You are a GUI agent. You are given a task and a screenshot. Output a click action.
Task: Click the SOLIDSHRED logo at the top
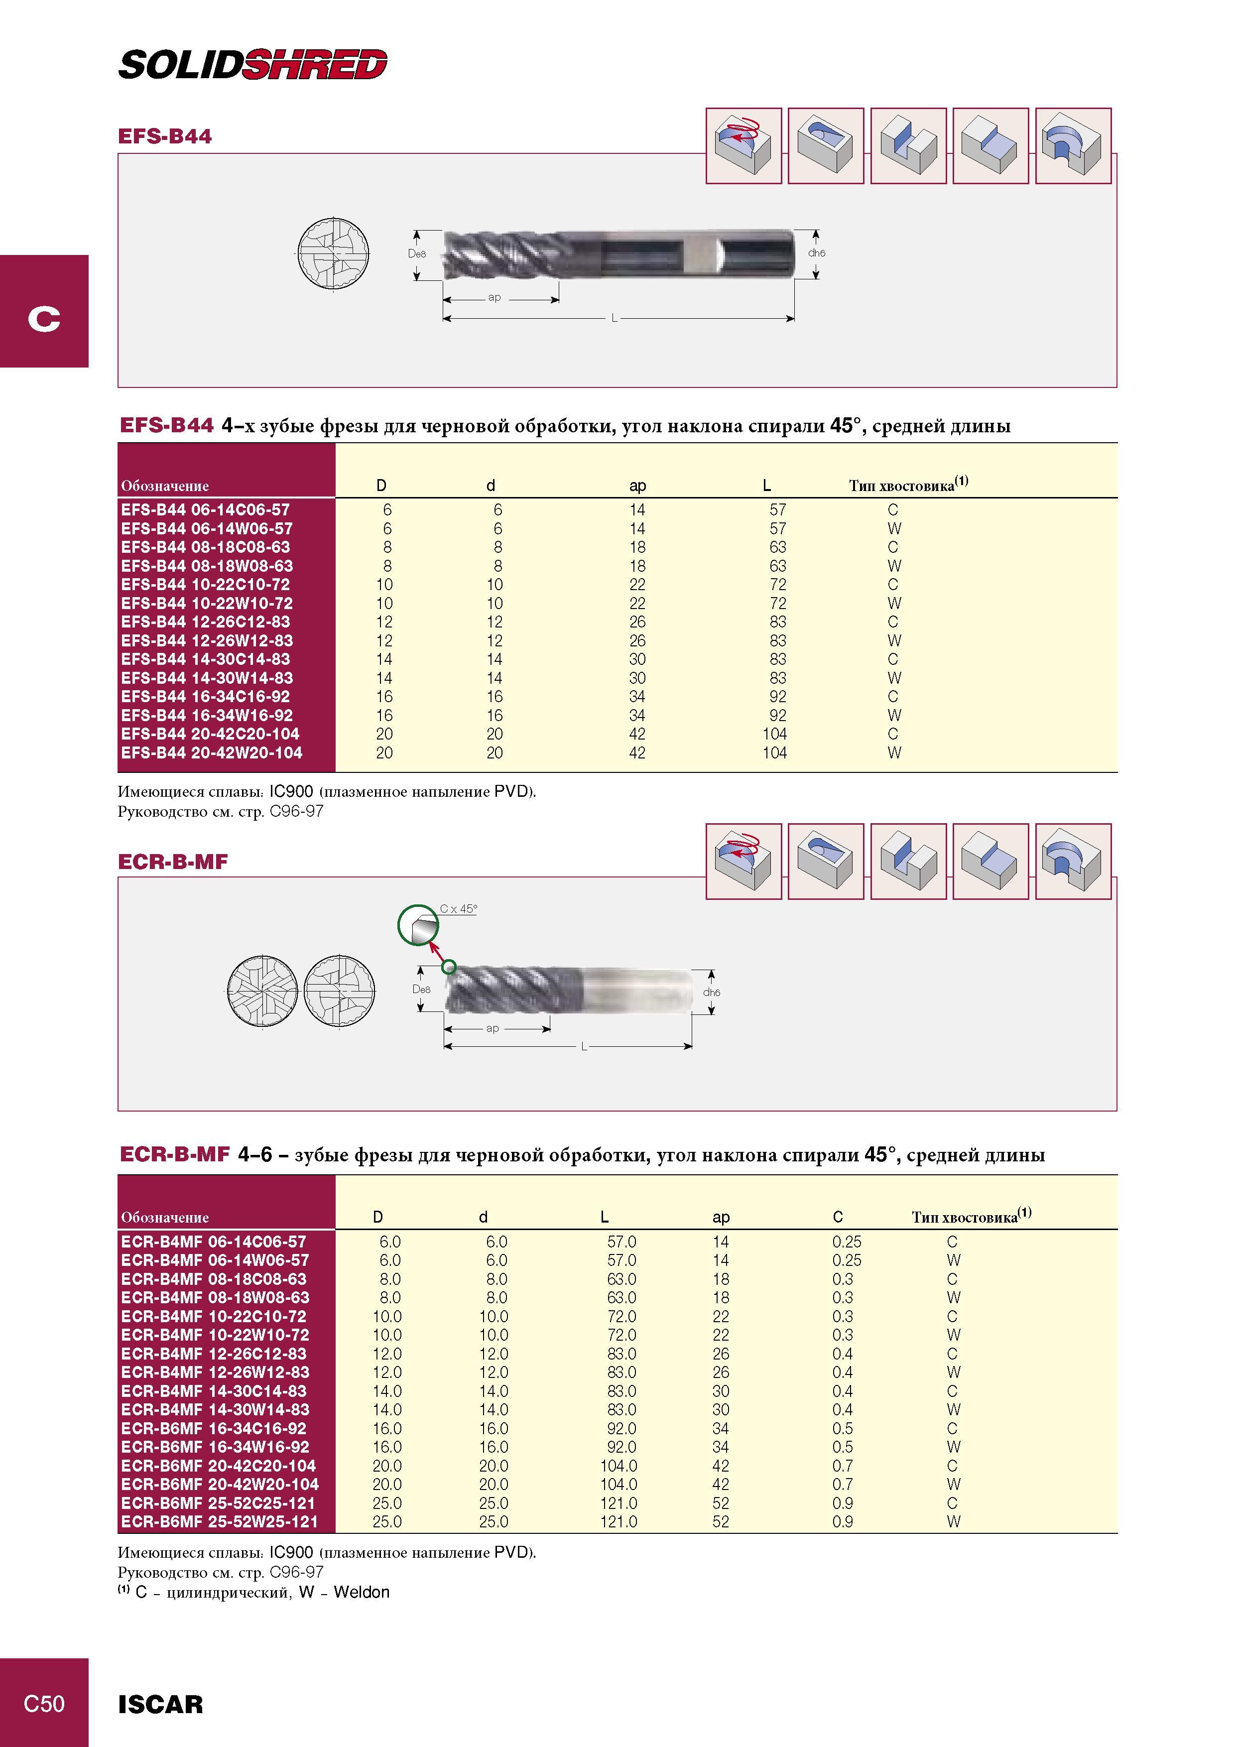pyautogui.click(x=252, y=65)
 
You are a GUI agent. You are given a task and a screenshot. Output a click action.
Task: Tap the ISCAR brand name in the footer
pyautogui.click(x=160, y=1704)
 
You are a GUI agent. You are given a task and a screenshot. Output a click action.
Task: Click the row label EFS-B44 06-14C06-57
pyautogui.click(x=206, y=510)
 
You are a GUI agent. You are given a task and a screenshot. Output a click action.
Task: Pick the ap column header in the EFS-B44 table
pyautogui.click(x=637, y=486)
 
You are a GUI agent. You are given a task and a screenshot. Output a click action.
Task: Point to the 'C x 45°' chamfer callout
pyautogui.click(x=458, y=908)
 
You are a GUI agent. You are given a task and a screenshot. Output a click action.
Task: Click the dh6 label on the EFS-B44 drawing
pyautogui.click(x=817, y=252)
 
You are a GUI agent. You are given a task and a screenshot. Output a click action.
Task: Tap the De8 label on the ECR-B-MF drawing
pyautogui.click(x=421, y=989)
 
